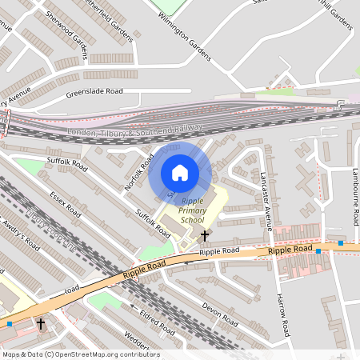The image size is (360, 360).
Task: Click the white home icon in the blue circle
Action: coord(180,172)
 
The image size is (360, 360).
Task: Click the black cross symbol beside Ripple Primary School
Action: coord(206,236)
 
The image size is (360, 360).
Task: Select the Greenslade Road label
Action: coord(94,91)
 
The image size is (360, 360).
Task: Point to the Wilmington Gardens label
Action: coord(185,36)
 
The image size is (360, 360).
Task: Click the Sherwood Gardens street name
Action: coord(66,28)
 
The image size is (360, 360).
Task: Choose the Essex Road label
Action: coord(65,203)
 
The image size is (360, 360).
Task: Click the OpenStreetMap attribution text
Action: coord(80,354)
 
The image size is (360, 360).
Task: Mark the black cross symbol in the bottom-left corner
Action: coord(42,323)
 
